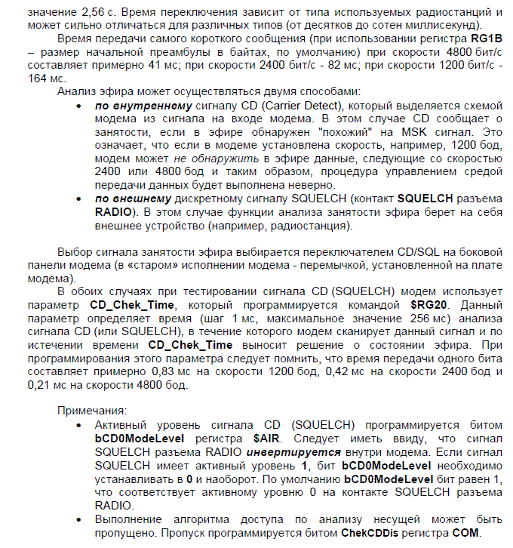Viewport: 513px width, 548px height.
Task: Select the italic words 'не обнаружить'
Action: click(x=211, y=158)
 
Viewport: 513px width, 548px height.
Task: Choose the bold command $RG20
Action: click(x=429, y=304)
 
